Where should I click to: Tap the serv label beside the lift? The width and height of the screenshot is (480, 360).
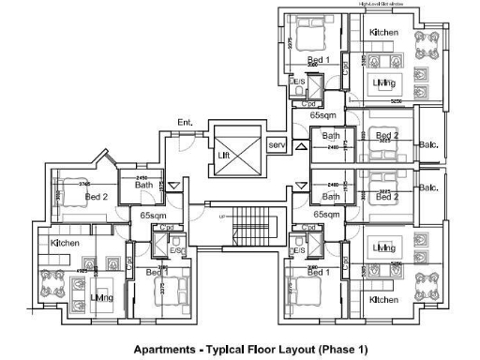(x=276, y=145)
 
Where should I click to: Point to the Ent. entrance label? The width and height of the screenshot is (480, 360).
(x=185, y=123)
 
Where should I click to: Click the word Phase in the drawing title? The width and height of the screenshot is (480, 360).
(x=320, y=349)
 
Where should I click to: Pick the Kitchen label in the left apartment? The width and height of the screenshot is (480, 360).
(x=65, y=243)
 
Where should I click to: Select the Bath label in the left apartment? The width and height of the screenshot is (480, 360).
(x=143, y=186)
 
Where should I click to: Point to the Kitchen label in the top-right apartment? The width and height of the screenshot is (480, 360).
(x=383, y=33)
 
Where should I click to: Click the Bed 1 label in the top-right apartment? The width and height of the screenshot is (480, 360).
(x=319, y=60)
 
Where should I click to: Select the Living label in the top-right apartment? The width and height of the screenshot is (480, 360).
(x=382, y=83)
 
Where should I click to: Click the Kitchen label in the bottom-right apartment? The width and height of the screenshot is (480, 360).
(x=383, y=299)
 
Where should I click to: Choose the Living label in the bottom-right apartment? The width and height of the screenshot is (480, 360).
(x=382, y=247)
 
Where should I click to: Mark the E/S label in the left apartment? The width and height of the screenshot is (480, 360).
(x=175, y=251)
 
